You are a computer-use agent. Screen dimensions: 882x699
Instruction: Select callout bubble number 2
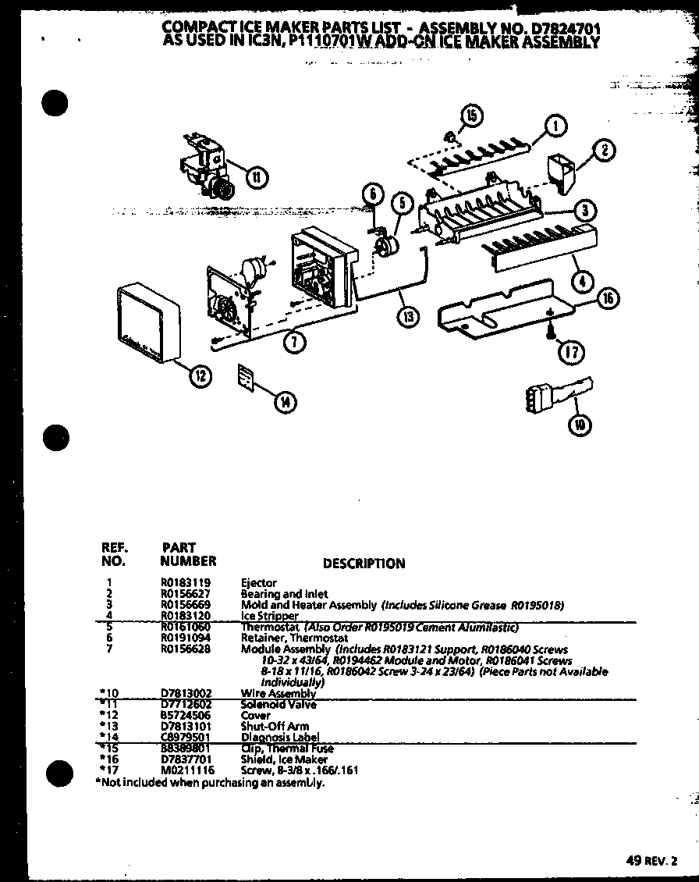(x=606, y=151)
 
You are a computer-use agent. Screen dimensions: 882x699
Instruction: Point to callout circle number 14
(x=286, y=402)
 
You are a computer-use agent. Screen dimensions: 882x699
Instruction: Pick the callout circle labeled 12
(x=200, y=376)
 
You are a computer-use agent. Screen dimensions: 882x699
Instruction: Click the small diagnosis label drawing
(x=247, y=379)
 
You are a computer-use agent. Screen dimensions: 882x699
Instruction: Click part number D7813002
(x=185, y=693)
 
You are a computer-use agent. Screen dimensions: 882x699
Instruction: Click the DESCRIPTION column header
(x=364, y=564)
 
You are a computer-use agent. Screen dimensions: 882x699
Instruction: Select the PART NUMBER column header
(x=188, y=554)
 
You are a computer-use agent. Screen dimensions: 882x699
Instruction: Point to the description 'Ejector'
(x=259, y=582)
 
